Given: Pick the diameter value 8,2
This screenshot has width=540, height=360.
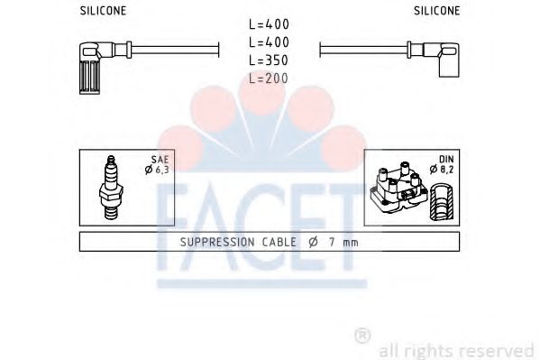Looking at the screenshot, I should [439, 169].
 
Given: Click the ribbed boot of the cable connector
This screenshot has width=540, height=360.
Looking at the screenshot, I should [91, 70].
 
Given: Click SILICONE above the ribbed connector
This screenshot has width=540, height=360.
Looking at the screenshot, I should [104, 10].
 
